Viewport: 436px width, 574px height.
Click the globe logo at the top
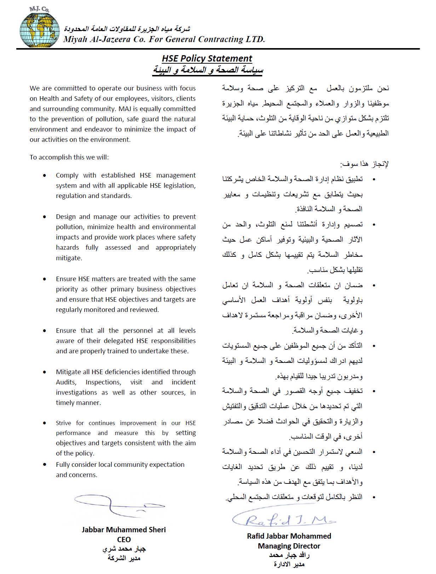[x=39, y=30]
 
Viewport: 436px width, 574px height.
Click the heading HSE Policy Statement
[x=207, y=58]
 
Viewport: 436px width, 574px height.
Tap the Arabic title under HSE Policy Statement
[x=208, y=70]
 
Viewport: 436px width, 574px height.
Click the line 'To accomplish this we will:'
[x=69, y=157]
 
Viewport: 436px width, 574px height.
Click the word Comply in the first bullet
[x=67, y=175]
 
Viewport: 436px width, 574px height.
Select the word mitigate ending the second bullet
[x=69, y=258]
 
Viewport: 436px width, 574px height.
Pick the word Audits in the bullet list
[x=66, y=382]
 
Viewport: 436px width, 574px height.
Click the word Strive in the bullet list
[x=63, y=423]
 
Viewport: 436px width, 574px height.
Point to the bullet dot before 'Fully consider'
[x=45, y=465]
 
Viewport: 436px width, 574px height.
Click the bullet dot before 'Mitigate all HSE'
[x=45, y=372]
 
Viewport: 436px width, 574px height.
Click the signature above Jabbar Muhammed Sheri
[x=119, y=505]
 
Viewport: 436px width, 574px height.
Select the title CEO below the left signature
[x=124, y=540]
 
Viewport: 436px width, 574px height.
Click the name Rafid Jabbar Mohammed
[x=289, y=536]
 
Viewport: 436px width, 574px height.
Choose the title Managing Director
[x=289, y=546]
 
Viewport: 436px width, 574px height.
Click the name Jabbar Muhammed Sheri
[x=124, y=530]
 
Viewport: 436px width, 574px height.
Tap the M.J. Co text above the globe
[x=39, y=9]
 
